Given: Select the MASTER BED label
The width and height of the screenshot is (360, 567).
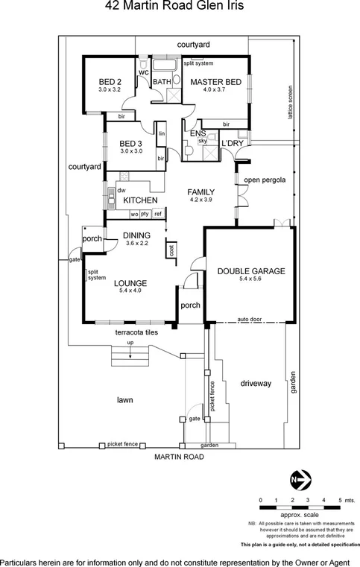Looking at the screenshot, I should (x=213, y=82).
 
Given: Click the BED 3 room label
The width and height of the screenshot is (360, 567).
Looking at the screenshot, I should (x=130, y=143).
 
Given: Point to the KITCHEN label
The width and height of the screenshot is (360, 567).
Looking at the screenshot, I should (x=140, y=200).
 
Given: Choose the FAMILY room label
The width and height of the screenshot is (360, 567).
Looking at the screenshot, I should (x=200, y=191).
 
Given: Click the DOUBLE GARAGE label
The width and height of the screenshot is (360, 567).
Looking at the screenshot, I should (x=251, y=272).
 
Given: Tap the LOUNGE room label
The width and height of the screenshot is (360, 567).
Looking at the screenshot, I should (x=130, y=282).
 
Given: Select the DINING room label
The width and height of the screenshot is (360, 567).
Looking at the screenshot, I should (x=138, y=235).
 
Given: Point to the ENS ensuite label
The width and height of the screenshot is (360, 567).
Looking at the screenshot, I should (x=198, y=133).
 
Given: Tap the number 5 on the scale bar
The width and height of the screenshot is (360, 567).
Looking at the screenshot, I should (x=340, y=499).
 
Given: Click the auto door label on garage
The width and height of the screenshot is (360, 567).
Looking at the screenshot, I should (x=248, y=318).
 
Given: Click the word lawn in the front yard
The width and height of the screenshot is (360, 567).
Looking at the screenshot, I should (x=125, y=400).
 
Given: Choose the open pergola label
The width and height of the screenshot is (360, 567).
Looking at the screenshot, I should (x=262, y=180).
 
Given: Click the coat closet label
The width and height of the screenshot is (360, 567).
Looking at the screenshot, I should (x=172, y=251).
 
